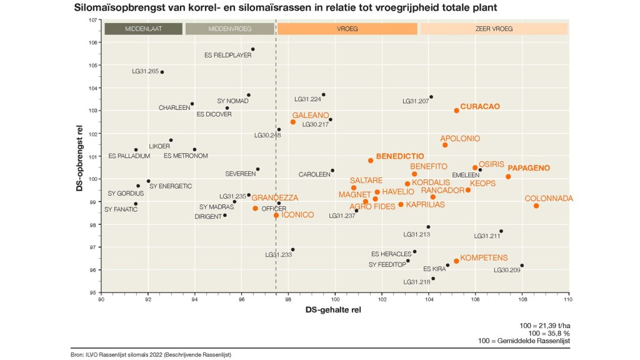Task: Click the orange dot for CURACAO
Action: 456,110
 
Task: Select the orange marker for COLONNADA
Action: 536,206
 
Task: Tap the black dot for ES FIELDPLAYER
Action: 252,49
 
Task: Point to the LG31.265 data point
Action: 162,72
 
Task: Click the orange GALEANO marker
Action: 293,122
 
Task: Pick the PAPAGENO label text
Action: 529,168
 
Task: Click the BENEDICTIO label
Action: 400,156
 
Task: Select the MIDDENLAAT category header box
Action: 144,29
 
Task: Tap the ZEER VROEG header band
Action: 494,29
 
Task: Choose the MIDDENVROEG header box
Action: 230,29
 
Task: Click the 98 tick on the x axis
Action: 288,300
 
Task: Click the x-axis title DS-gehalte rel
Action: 334,310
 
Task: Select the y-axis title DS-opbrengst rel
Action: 80,156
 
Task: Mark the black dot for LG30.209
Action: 522,266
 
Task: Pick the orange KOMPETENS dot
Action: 456,261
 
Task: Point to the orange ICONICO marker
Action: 276,215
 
